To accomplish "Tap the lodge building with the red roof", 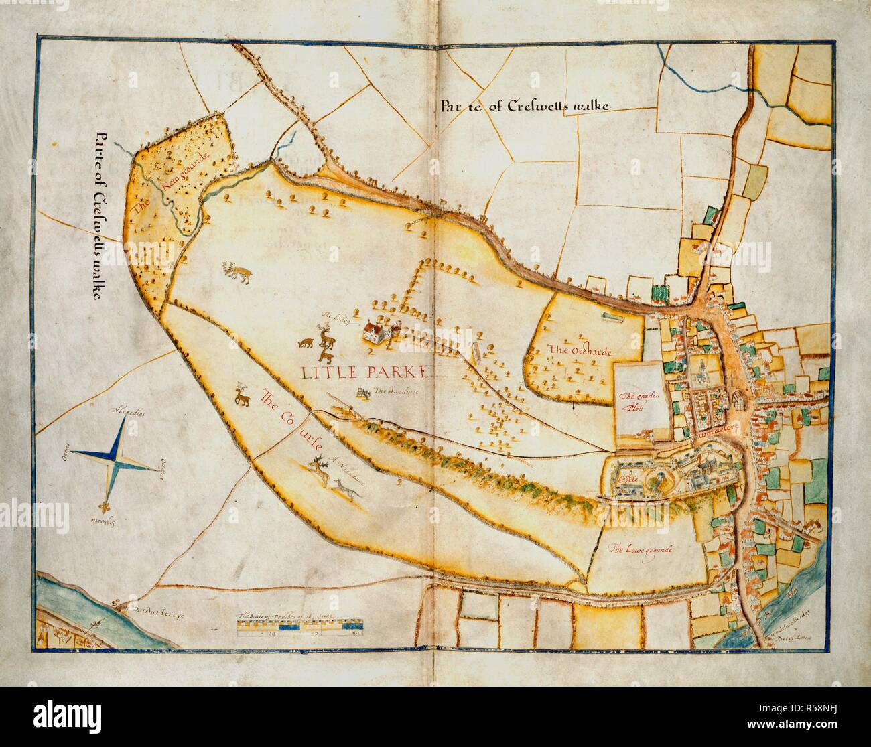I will [x=375, y=331].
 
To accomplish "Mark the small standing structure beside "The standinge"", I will [x=363, y=393].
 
